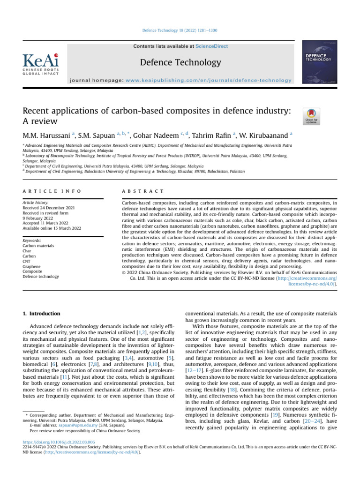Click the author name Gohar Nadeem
[154, 136]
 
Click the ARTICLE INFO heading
[52, 191]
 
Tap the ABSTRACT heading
[142, 191]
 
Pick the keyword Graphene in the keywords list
[31, 266]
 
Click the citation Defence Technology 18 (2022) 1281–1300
[180, 30]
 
